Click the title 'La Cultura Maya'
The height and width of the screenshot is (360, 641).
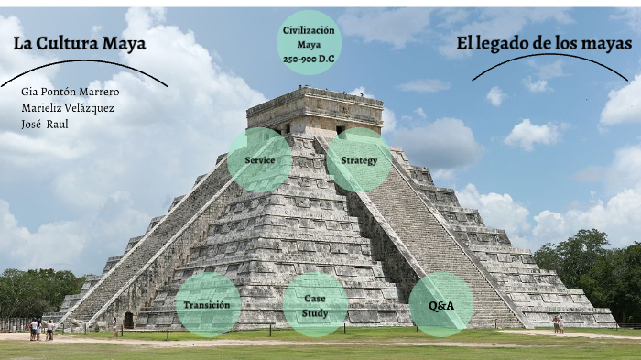coord(80,44)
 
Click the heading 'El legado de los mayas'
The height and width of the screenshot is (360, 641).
coord(543,43)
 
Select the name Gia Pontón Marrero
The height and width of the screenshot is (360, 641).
coord(71,92)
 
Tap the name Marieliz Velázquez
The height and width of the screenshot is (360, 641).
coord(67,107)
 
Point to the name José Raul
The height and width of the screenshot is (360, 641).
coord(45,123)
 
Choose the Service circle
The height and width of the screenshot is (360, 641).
coord(260,160)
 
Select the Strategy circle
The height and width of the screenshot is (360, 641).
coord(359,160)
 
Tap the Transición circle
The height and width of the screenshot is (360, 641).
coord(208,305)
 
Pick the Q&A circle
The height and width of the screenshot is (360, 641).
coord(441,305)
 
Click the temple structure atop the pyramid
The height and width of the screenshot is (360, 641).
coord(314,110)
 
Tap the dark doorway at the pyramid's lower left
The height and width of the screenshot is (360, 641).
coord(128,320)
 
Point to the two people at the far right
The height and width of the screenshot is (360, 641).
coord(558,324)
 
